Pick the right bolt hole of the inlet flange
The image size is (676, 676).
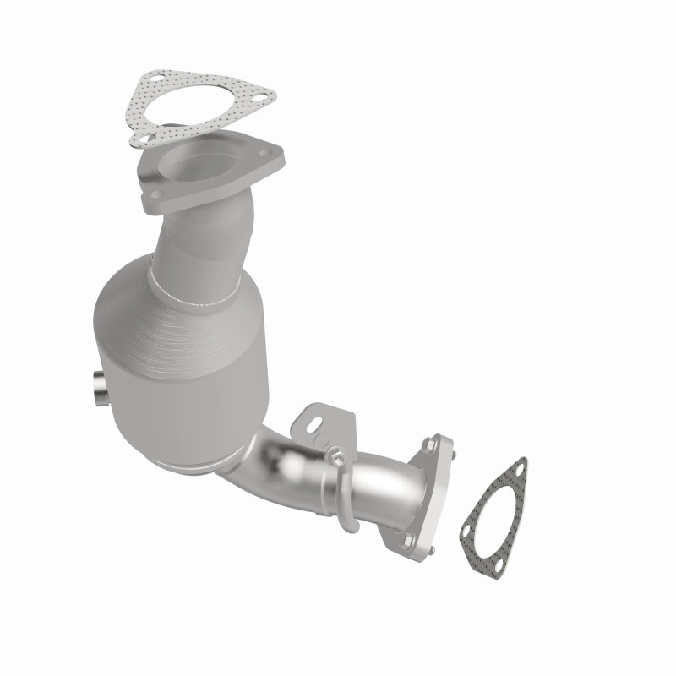[x=266, y=154]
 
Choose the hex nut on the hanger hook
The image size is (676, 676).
[x=336, y=457]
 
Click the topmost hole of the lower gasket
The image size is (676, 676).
[x=520, y=466]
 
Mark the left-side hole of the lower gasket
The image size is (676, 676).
[x=465, y=529]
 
